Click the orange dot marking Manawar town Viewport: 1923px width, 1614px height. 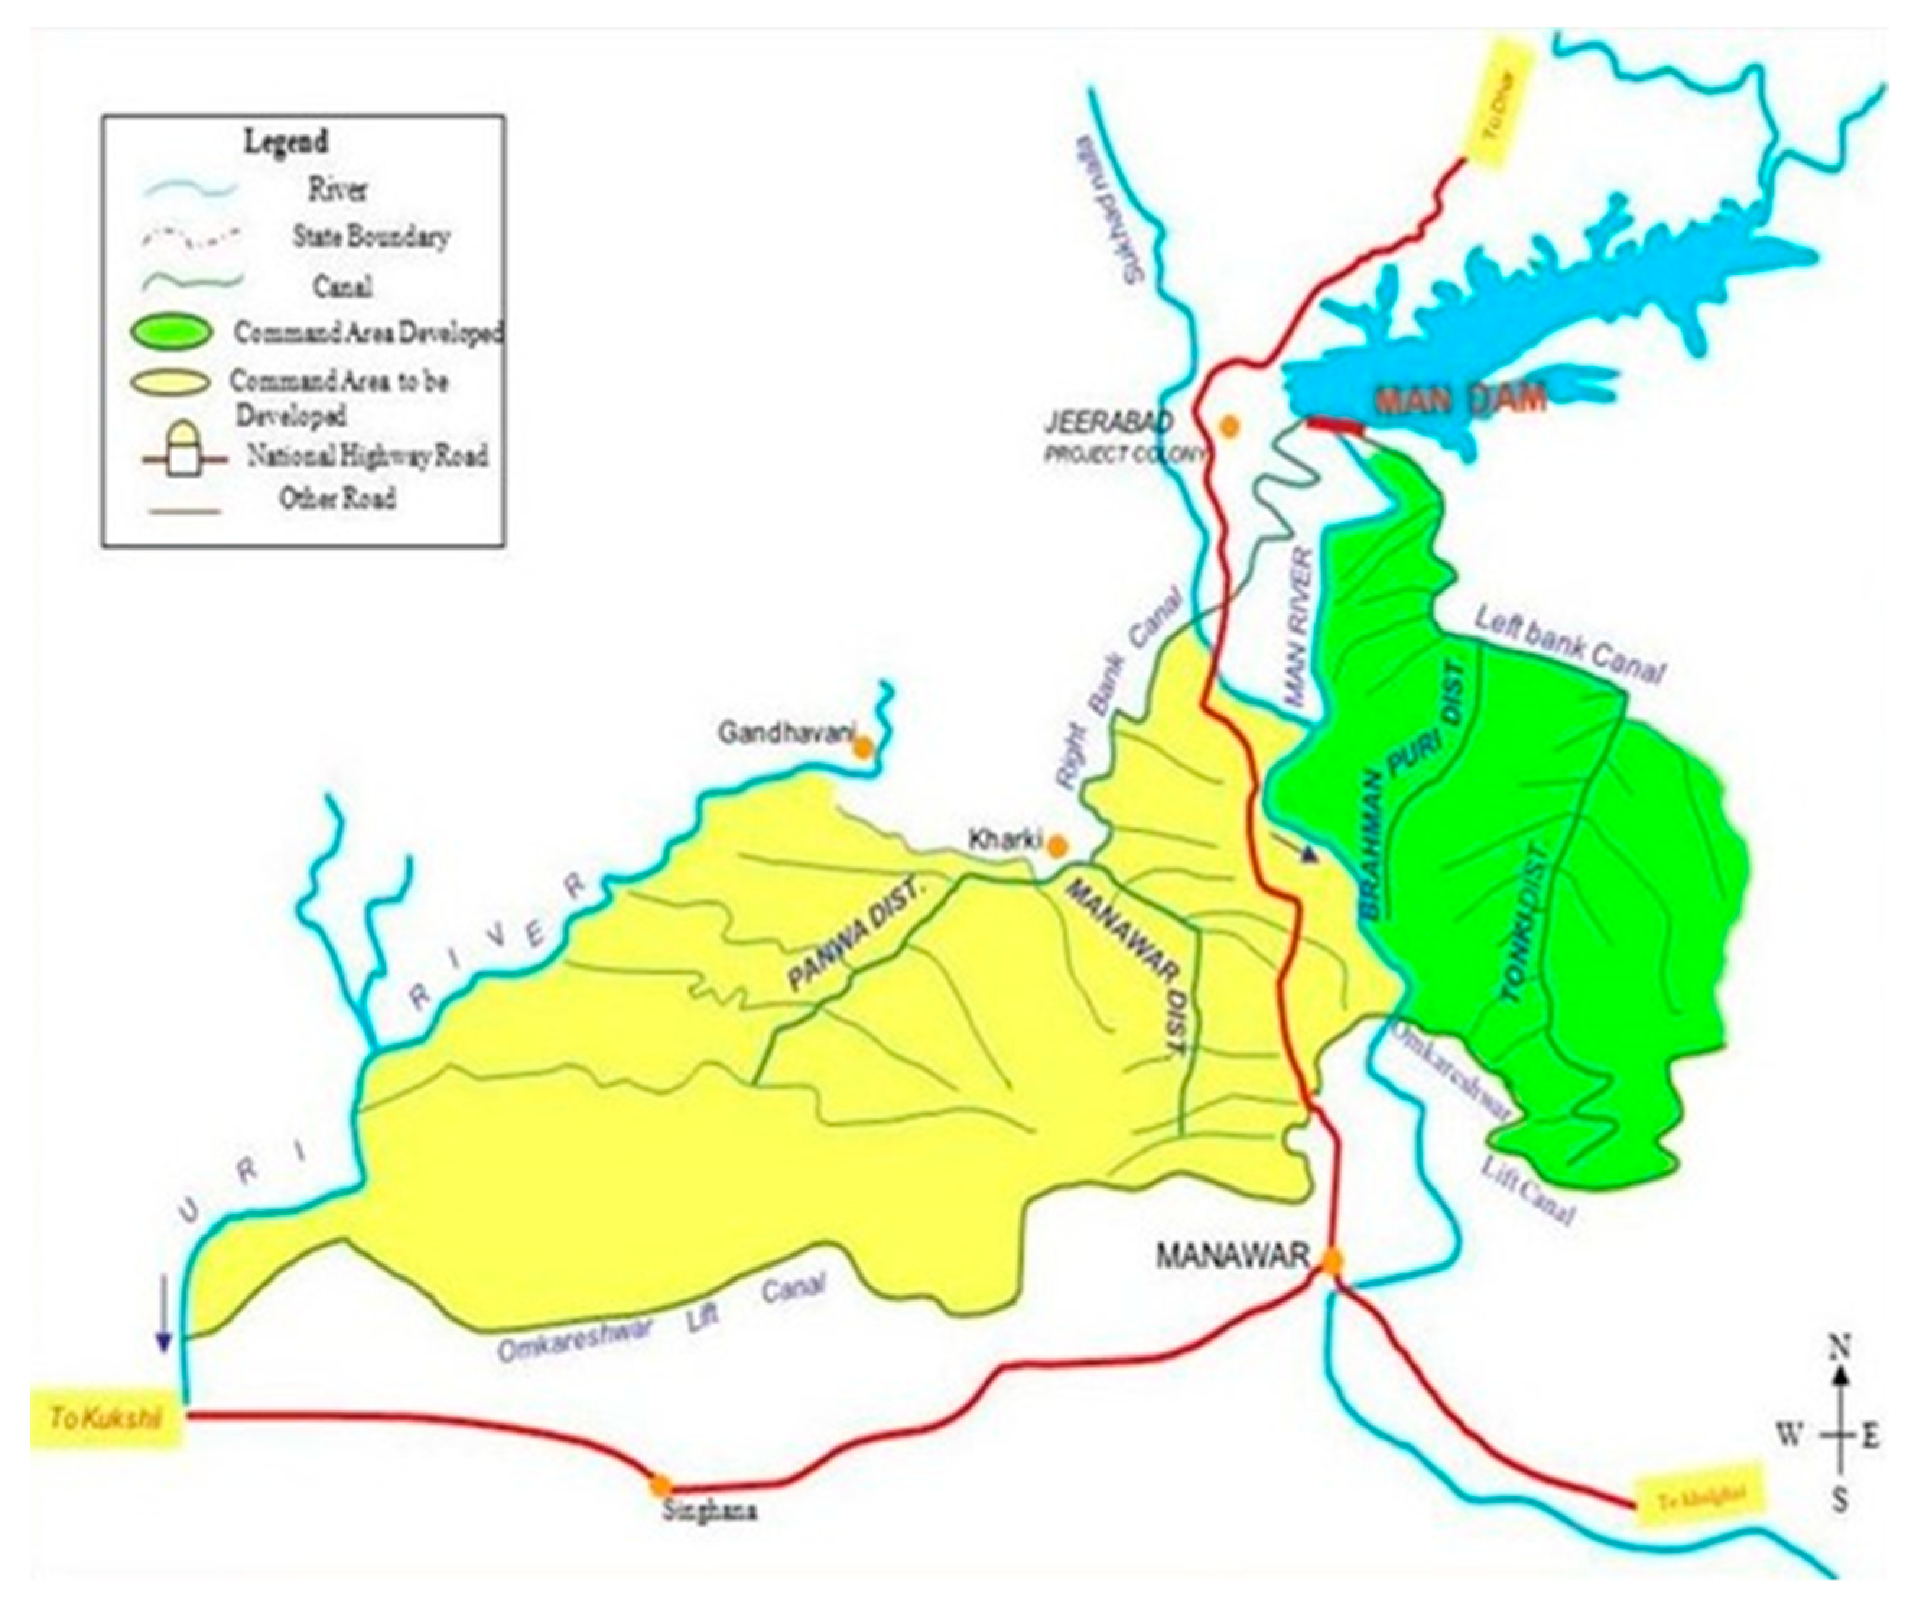point(1332,1262)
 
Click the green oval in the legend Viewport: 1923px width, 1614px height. point(174,332)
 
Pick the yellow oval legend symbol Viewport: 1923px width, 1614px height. point(174,383)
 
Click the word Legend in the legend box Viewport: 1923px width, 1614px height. point(285,142)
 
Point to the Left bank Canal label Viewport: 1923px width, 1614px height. point(1567,647)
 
